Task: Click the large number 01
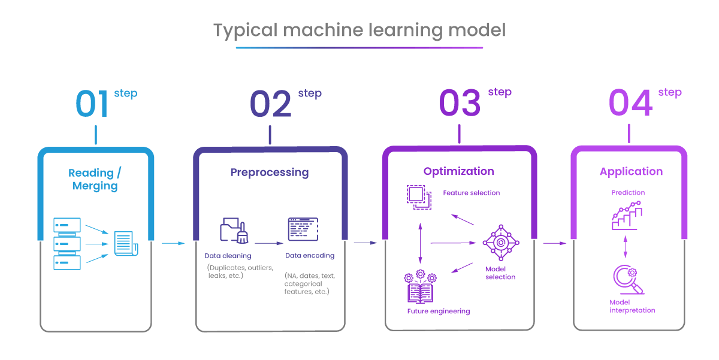[92, 104]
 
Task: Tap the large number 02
[270, 104]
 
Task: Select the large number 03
[460, 104]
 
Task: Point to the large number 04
[630, 104]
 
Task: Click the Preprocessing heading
[270, 173]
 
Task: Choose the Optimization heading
[459, 171]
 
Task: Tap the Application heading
[631, 172]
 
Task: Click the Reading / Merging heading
[95, 179]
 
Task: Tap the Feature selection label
[471, 193]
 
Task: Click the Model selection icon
[501, 243]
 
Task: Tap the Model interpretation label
[632, 306]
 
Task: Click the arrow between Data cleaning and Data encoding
[269, 243]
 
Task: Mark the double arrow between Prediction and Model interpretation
[626, 246]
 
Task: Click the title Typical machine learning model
[359, 31]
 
